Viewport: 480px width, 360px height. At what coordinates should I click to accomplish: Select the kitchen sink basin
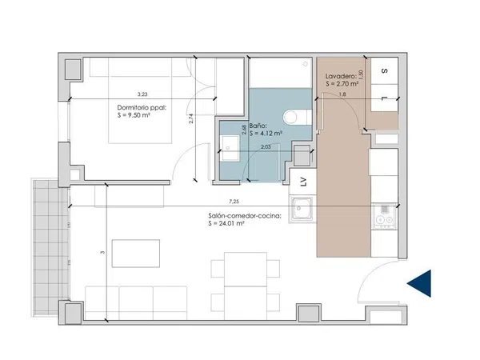302,208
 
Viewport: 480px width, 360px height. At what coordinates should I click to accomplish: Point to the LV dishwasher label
303,182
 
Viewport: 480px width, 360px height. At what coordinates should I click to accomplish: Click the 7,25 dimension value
234,202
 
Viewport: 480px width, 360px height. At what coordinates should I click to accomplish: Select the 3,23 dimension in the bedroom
142,94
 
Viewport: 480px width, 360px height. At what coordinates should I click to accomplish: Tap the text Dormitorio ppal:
142,108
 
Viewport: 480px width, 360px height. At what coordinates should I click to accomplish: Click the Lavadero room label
341,76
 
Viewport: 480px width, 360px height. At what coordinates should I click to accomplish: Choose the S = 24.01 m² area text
226,223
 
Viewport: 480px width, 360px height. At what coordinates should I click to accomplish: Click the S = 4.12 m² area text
266,134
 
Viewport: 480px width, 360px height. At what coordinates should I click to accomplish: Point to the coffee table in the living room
136,254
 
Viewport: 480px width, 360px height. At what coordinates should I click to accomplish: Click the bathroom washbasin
230,149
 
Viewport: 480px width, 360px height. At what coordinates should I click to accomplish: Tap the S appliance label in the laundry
385,70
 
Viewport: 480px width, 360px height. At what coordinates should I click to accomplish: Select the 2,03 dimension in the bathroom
266,147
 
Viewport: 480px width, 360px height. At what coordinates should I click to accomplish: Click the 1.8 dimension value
342,94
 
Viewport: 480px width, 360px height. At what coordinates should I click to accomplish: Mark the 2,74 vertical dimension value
191,118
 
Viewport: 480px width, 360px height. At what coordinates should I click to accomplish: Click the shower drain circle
306,64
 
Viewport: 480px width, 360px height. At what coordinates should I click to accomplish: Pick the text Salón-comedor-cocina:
245,216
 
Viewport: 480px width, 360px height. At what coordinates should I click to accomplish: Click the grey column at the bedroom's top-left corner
73,70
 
